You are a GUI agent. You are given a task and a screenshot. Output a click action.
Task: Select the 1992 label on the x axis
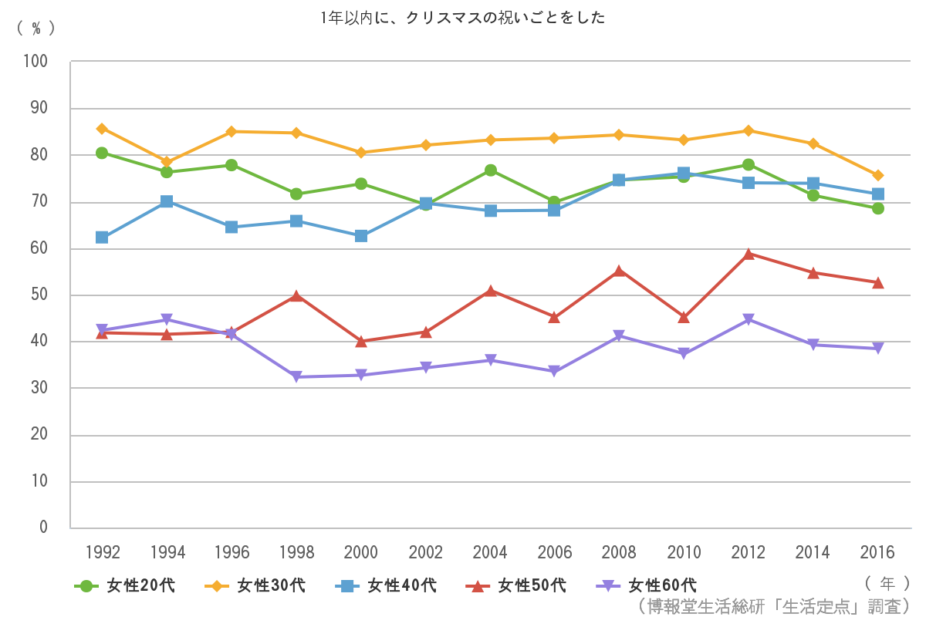click(x=103, y=552)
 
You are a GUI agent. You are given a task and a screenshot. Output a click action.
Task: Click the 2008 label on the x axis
click(x=619, y=552)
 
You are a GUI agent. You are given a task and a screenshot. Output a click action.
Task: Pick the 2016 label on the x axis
click(x=877, y=552)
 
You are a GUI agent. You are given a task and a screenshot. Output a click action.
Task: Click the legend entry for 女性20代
click(x=125, y=586)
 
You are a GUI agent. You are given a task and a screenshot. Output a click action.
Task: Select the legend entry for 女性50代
click(x=516, y=586)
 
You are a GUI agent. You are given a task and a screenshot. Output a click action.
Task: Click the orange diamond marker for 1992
click(x=102, y=128)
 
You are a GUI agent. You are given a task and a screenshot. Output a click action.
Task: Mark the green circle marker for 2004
click(x=490, y=170)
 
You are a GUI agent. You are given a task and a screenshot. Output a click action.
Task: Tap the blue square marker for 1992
click(x=102, y=238)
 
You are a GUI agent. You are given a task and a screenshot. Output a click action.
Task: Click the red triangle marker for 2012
click(x=748, y=254)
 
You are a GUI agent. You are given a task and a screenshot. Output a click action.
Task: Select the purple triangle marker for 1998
click(x=296, y=376)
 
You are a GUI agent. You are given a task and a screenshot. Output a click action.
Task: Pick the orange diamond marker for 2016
click(x=877, y=175)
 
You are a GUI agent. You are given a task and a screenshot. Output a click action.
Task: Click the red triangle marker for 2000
click(x=360, y=341)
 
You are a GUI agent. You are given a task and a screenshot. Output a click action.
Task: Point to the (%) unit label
click(x=36, y=27)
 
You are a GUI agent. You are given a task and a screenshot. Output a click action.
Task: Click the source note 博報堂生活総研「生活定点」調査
click(x=775, y=605)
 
